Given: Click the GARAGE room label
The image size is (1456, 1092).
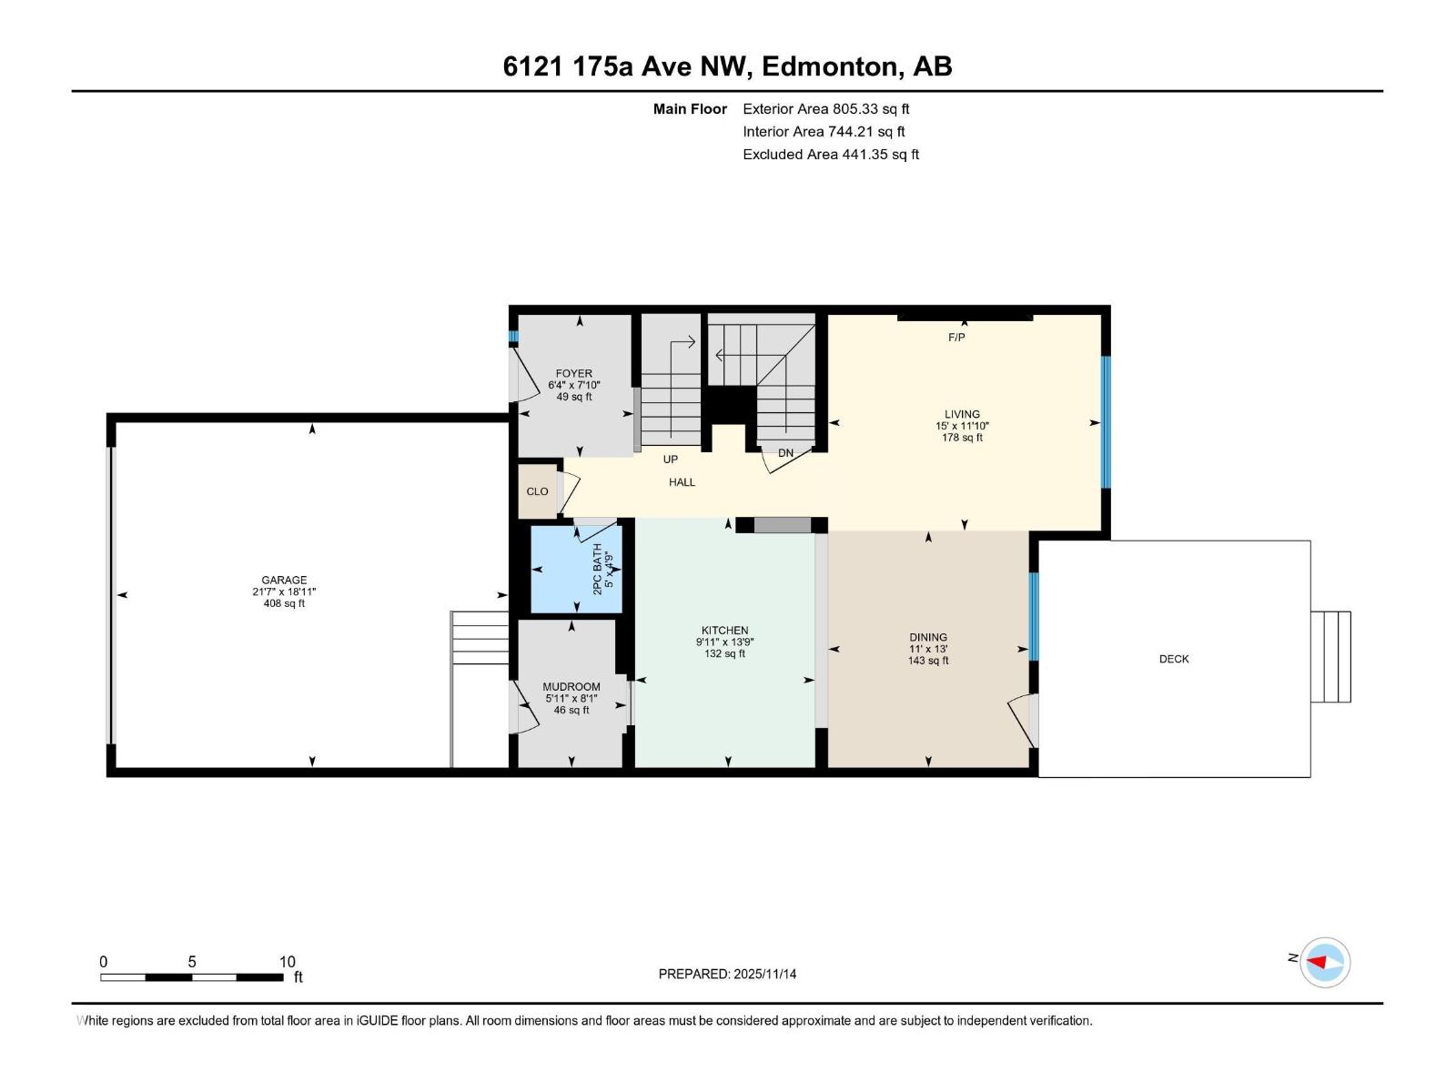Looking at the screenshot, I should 284,580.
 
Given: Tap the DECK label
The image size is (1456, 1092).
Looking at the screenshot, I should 1173,659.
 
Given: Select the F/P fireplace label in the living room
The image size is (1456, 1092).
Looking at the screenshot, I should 956,338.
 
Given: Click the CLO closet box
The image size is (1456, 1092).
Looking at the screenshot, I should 537,491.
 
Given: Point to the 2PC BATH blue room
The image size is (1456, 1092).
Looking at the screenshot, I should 576,571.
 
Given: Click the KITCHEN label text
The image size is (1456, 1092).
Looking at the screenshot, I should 724,630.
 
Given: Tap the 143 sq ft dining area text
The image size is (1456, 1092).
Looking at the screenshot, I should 927,661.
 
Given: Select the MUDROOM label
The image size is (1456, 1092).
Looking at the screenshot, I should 571,687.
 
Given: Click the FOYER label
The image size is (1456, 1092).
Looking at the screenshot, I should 573,373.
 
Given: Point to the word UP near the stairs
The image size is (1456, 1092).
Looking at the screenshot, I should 671,460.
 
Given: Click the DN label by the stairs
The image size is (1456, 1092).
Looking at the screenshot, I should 785,453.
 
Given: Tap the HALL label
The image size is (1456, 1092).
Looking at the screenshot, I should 682,482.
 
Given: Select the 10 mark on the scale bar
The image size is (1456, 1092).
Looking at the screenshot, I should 287,962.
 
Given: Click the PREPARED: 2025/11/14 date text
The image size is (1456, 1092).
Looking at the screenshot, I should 727,974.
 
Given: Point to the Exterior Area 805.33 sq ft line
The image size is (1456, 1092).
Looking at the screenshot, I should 825,109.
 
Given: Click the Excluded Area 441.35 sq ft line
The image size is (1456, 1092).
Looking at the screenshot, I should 830,155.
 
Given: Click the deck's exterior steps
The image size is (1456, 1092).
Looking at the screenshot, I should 1330,657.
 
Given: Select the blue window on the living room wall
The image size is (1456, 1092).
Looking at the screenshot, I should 1107,422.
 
